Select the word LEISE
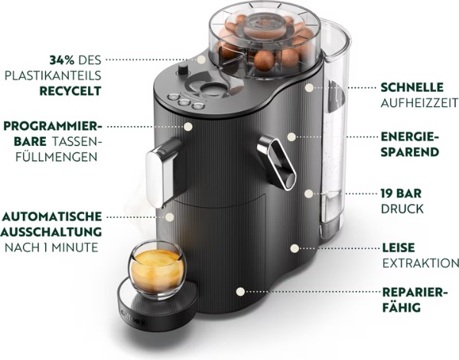(x=398, y=248)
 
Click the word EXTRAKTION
(x=419, y=263)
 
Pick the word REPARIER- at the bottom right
(x=414, y=293)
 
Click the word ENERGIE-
(x=410, y=136)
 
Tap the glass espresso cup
(x=156, y=268)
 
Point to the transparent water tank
(x=334, y=130)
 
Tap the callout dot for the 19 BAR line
(x=308, y=193)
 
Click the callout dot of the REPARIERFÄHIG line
(x=241, y=291)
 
